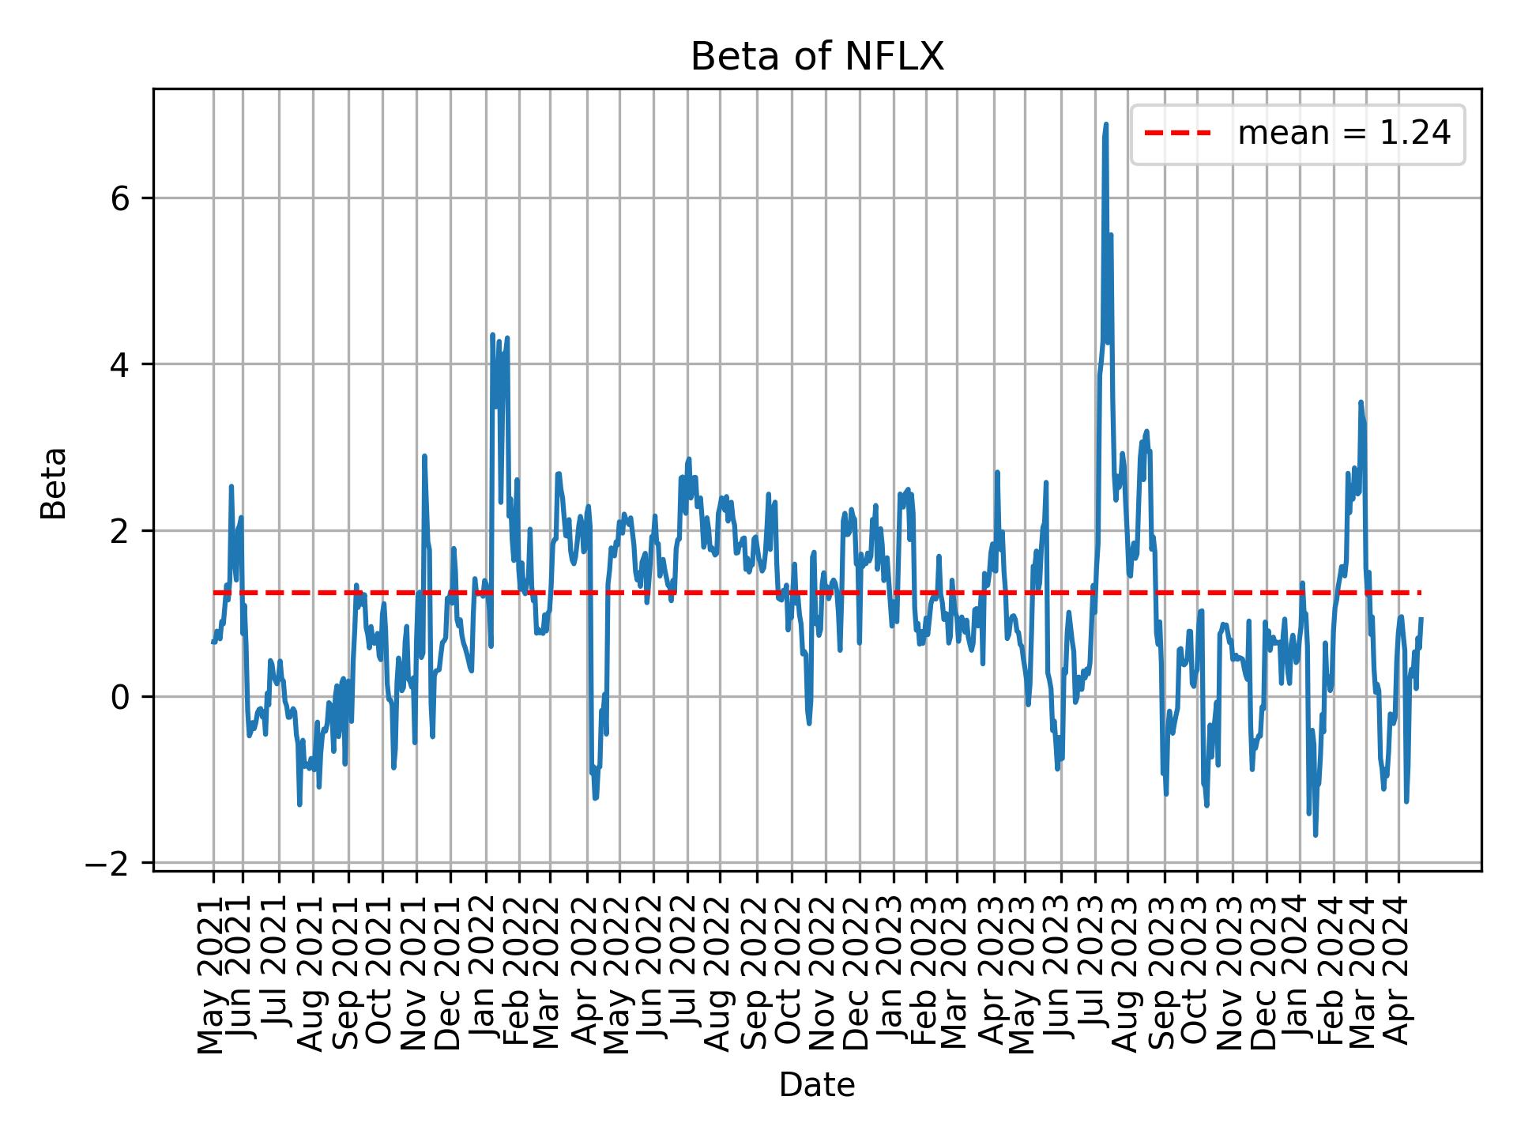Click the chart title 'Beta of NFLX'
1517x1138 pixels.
(x=817, y=58)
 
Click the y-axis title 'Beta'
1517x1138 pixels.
(x=54, y=483)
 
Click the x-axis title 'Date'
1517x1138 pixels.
(x=817, y=1086)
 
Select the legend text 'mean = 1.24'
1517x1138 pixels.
(x=1344, y=134)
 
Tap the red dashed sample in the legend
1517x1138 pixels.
(x=1177, y=134)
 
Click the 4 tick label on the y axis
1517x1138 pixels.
(x=119, y=364)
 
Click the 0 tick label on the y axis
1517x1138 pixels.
(x=119, y=697)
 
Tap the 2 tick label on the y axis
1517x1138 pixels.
(x=119, y=531)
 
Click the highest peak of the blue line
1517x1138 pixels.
(x=1106, y=124)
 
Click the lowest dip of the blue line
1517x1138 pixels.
(x=1316, y=835)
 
